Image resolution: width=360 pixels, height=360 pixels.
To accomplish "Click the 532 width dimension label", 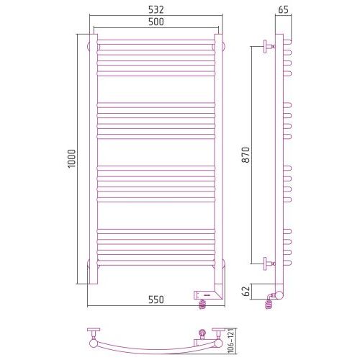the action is tap(156, 10).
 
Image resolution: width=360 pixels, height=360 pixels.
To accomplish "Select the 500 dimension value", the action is tap(156, 22).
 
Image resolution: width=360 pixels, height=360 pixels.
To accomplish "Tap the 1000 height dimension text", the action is tap(71, 158).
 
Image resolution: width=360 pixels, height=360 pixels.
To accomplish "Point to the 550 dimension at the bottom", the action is tap(156, 300).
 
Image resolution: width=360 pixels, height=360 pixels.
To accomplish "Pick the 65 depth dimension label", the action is tap(283, 10).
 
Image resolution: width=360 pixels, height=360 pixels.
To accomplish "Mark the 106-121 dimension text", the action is tap(232, 341).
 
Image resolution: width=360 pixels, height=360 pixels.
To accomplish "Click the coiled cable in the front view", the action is tap(202, 305).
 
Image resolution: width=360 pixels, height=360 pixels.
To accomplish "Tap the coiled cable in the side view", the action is tap(269, 303).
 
